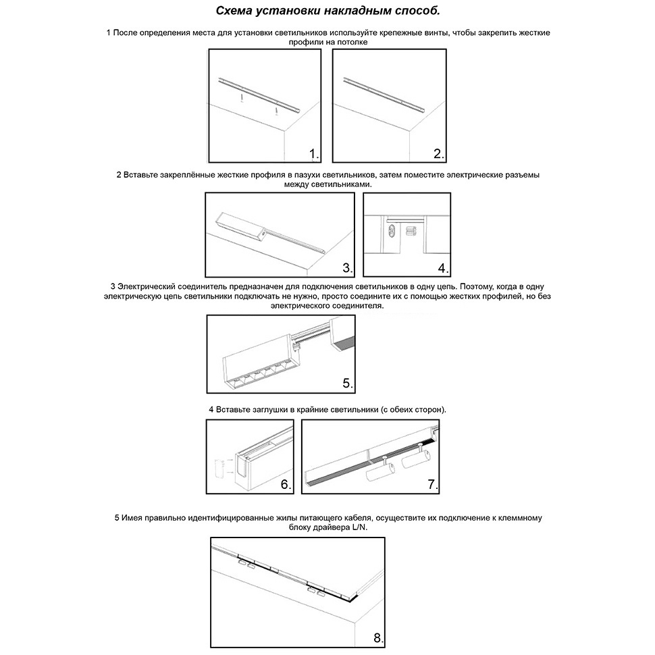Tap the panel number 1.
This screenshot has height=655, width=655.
tap(314, 155)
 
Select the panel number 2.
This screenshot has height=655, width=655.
tap(439, 155)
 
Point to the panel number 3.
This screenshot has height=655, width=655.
tap(347, 268)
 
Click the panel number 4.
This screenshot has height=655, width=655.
tap(443, 268)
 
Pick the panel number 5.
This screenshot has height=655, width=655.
tap(347, 383)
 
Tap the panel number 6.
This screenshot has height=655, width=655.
tap(286, 485)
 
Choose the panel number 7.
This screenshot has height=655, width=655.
tap(433, 485)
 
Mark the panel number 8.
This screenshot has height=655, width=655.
tap(378, 638)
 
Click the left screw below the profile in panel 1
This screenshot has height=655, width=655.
tap(240, 99)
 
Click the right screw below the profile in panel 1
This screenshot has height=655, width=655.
tap(277, 109)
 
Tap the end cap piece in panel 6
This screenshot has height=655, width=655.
tap(219, 468)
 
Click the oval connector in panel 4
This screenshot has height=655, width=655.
tap(390, 232)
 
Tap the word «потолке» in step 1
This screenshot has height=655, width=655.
tap(351, 42)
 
